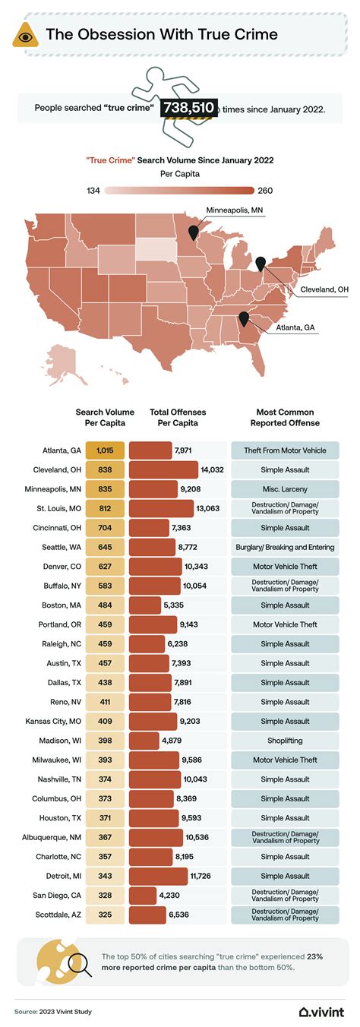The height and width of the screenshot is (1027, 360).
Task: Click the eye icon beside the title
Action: point(24,35)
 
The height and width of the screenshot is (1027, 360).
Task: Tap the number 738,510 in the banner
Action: point(188,108)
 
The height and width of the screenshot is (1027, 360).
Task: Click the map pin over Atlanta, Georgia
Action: point(244,318)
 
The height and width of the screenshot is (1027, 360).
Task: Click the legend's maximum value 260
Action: point(266,191)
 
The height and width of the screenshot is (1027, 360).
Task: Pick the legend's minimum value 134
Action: point(93,191)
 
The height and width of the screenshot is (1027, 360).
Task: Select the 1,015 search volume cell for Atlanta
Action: point(105,450)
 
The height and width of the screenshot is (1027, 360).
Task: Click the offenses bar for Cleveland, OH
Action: point(163,469)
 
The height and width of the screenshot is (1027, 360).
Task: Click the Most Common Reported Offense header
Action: point(285,417)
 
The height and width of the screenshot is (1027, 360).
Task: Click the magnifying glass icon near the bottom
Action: point(77,964)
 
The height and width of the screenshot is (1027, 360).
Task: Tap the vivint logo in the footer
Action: point(322,1011)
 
